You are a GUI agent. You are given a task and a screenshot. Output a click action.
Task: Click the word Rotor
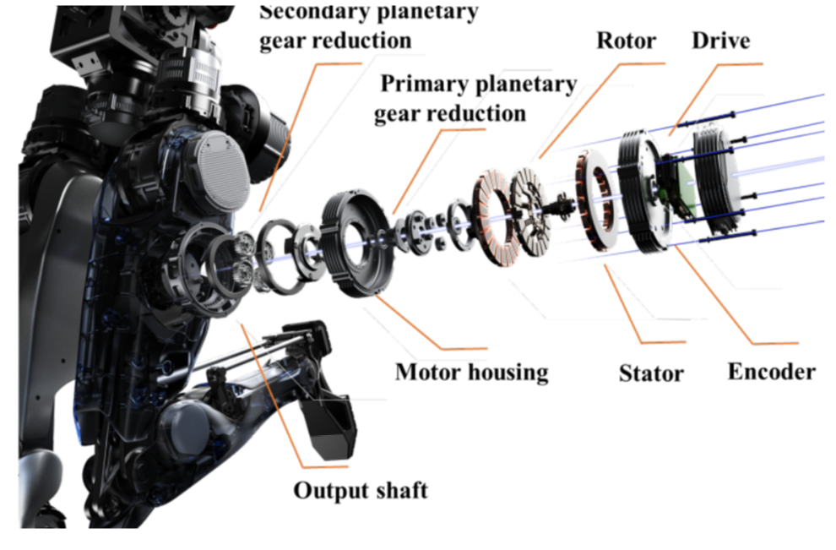coord(626,41)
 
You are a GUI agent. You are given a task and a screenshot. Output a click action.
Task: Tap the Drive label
coord(721,41)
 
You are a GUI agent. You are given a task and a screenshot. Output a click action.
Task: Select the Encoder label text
coord(772,372)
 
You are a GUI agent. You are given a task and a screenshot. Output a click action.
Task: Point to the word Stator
coord(651,373)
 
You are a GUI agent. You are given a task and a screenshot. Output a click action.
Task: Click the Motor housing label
coord(472,372)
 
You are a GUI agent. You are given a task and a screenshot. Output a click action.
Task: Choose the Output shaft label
coord(361,490)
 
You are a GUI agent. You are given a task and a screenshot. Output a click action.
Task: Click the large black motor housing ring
coord(357,242)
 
